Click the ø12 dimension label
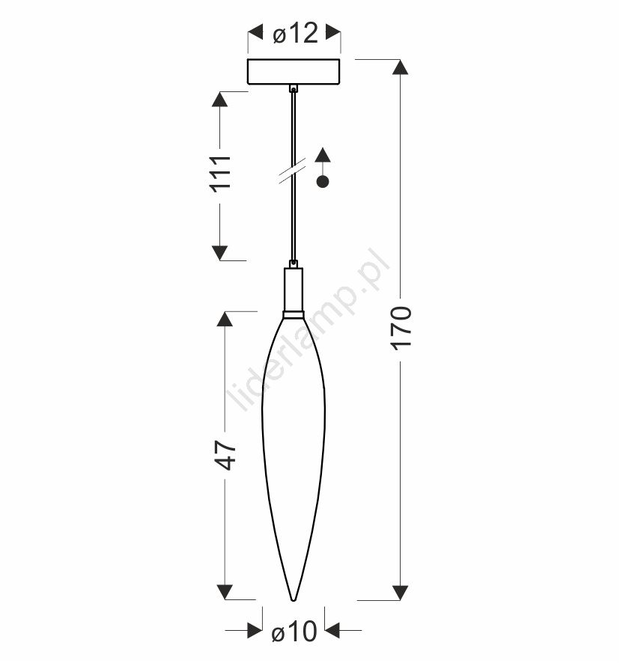point(295,34)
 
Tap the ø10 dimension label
point(294,632)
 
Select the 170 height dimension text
point(401,328)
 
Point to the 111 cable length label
point(221,174)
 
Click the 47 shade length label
point(225,456)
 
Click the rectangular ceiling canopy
point(294,72)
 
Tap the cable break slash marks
point(293,170)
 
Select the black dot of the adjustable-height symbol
point(323,182)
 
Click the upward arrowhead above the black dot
point(323,155)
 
